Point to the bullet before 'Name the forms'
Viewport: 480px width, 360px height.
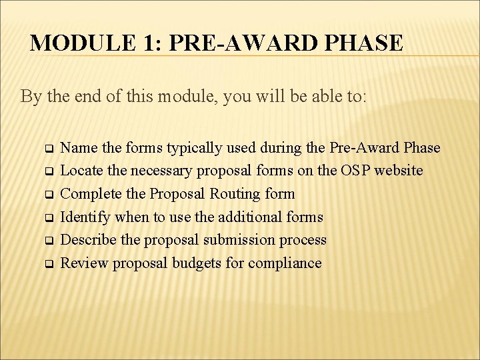point(47,148)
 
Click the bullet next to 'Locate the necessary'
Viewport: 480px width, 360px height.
point(47,171)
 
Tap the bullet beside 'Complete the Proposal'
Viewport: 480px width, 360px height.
point(47,195)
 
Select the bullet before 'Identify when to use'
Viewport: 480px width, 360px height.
point(47,217)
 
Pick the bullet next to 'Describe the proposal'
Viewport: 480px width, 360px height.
point(47,241)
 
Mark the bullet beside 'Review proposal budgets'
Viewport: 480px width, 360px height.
point(47,264)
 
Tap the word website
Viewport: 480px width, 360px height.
point(401,171)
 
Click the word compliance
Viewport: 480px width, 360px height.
point(285,263)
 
